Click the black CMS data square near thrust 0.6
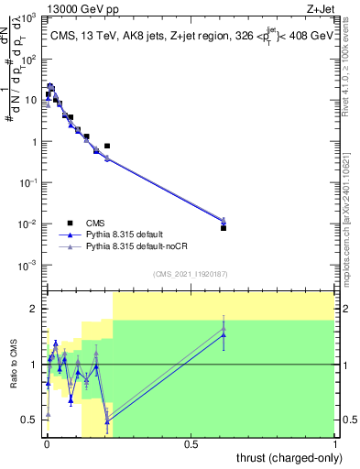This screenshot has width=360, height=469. tap(224, 228)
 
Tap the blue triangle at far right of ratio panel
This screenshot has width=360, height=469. tap(224, 335)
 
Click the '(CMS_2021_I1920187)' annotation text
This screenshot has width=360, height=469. tap(190, 274)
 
